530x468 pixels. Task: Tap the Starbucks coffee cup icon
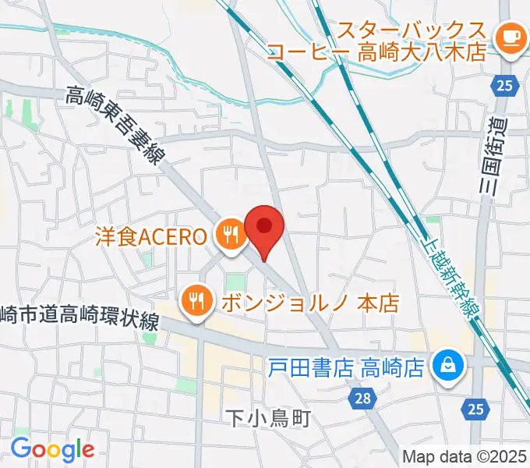coord(511,37)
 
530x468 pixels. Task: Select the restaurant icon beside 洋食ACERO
coord(230,235)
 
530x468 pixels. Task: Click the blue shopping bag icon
coord(449,363)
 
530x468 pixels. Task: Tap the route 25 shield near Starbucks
coord(504,85)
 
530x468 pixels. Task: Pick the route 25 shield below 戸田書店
coord(477,408)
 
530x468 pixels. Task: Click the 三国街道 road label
coord(496,154)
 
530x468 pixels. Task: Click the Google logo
coord(51,449)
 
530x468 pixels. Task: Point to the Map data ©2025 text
coord(465,456)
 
